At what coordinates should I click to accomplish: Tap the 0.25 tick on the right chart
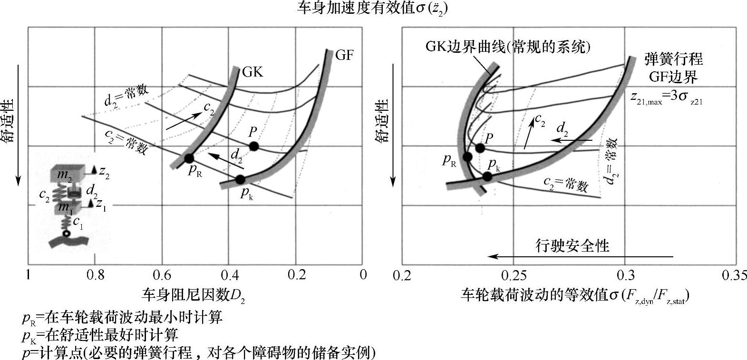(x=513, y=275)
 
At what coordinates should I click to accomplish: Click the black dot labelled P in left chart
(x=254, y=146)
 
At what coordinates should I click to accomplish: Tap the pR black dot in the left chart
(x=189, y=158)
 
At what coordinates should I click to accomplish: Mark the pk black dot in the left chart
(x=240, y=179)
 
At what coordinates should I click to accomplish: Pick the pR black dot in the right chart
(x=467, y=156)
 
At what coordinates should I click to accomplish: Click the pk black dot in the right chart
(x=487, y=176)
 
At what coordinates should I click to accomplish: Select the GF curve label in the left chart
(x=344, y=55)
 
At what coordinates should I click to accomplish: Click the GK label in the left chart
(x=252, y=72)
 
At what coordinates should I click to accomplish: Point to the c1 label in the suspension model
(x=78, y=223)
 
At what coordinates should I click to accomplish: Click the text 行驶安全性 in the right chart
(x=572, y=246)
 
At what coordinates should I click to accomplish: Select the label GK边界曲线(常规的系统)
(x=508, y=47)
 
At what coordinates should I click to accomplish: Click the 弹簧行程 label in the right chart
(x=673, y=59)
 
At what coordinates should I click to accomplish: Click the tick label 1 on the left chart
(x=28, y=275)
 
